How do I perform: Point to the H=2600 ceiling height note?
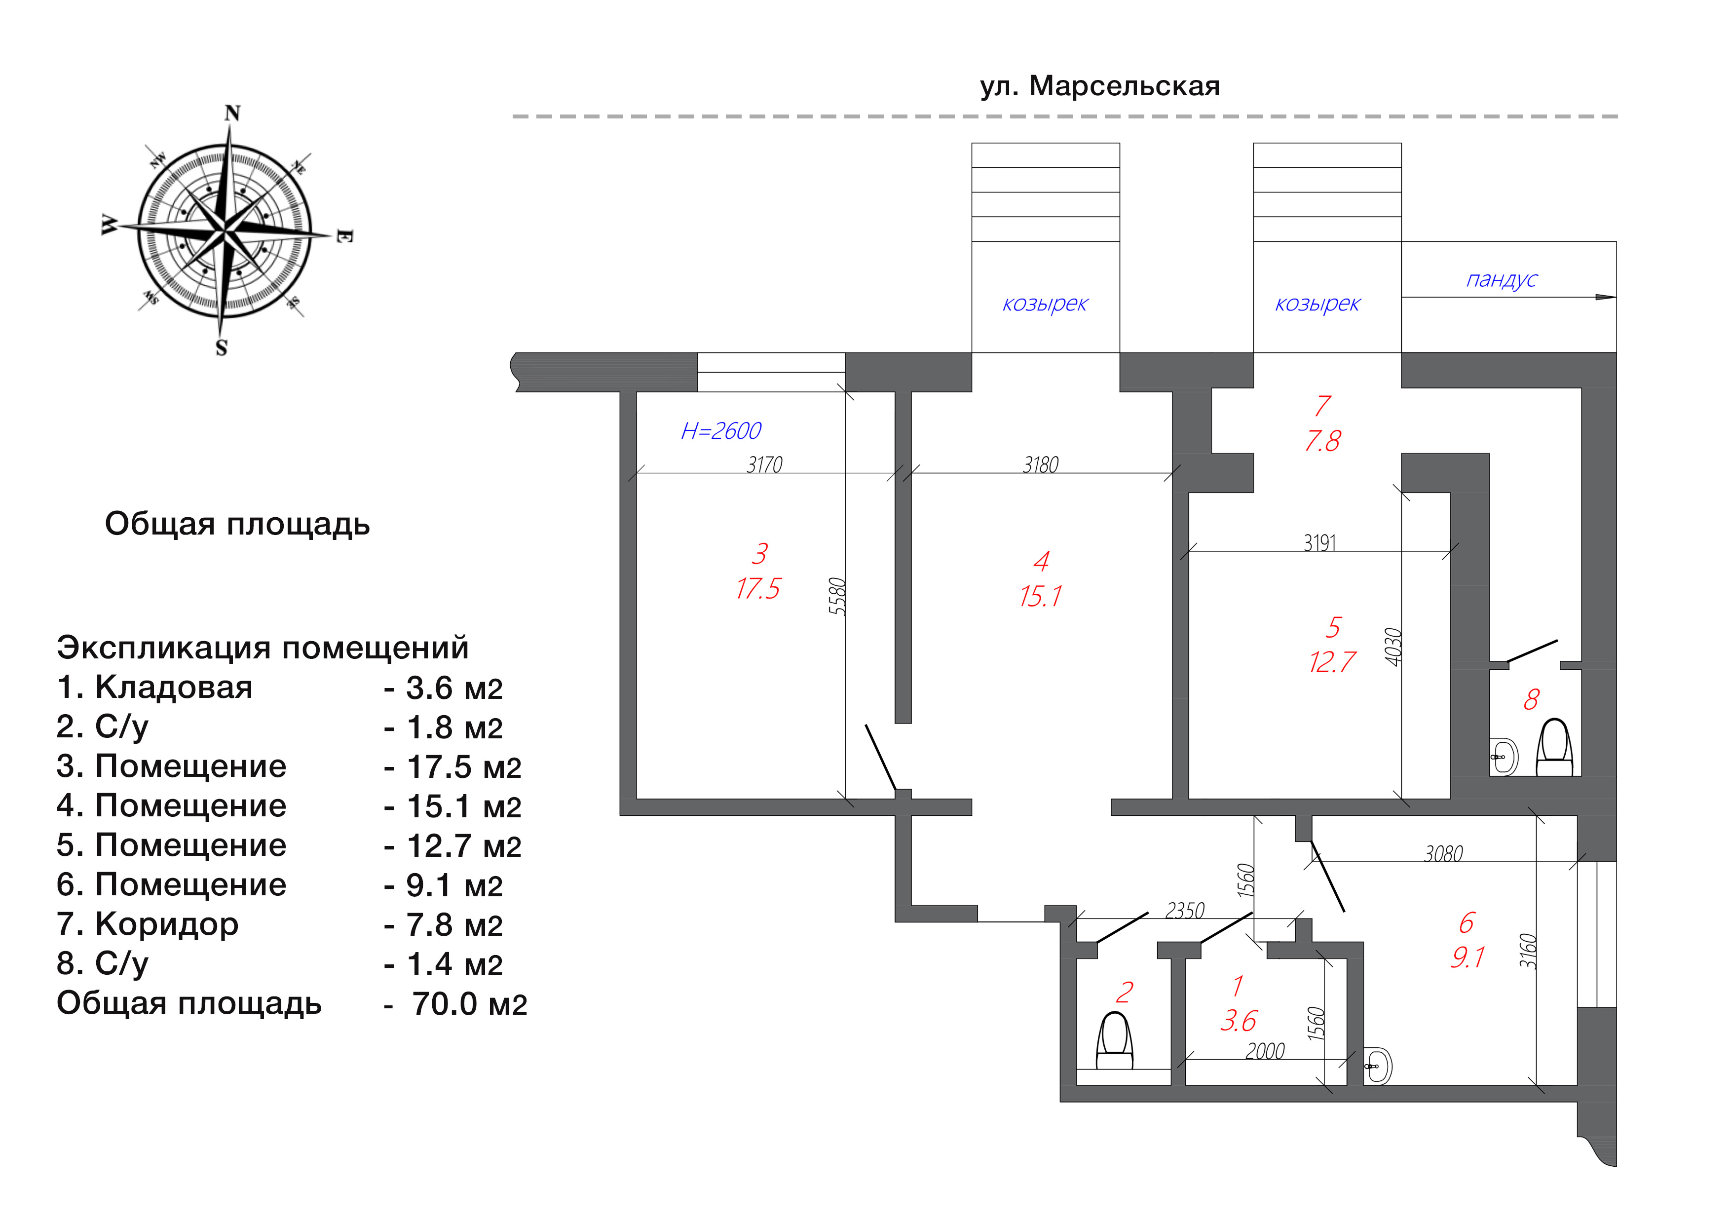tap(721, 431)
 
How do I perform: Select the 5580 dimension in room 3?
tap(837, 597)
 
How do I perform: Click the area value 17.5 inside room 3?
tap(758, 589)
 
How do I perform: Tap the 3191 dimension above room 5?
tap(1320, 542)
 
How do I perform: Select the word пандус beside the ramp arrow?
tap(1502, 280)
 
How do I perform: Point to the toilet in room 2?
tap(1114, 1041)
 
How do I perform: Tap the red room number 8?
tap(1531, 700)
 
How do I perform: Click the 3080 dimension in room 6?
tap(1443, 854)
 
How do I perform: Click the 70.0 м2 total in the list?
tap(469, 1004)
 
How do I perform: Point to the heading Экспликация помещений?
tap(263, 648)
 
